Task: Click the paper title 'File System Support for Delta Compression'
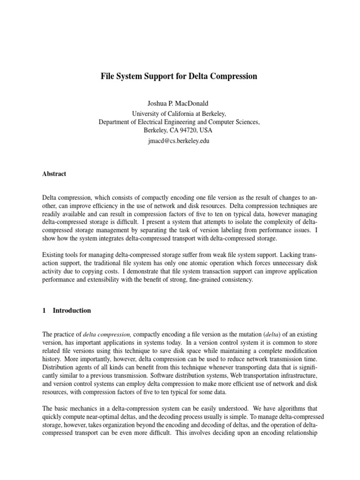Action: click(180, 76)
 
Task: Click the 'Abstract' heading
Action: click(54, 174)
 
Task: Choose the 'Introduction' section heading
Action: click(72, 311)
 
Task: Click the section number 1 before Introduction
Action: click(44, 311)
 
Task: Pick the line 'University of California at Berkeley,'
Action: click(180, 113)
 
